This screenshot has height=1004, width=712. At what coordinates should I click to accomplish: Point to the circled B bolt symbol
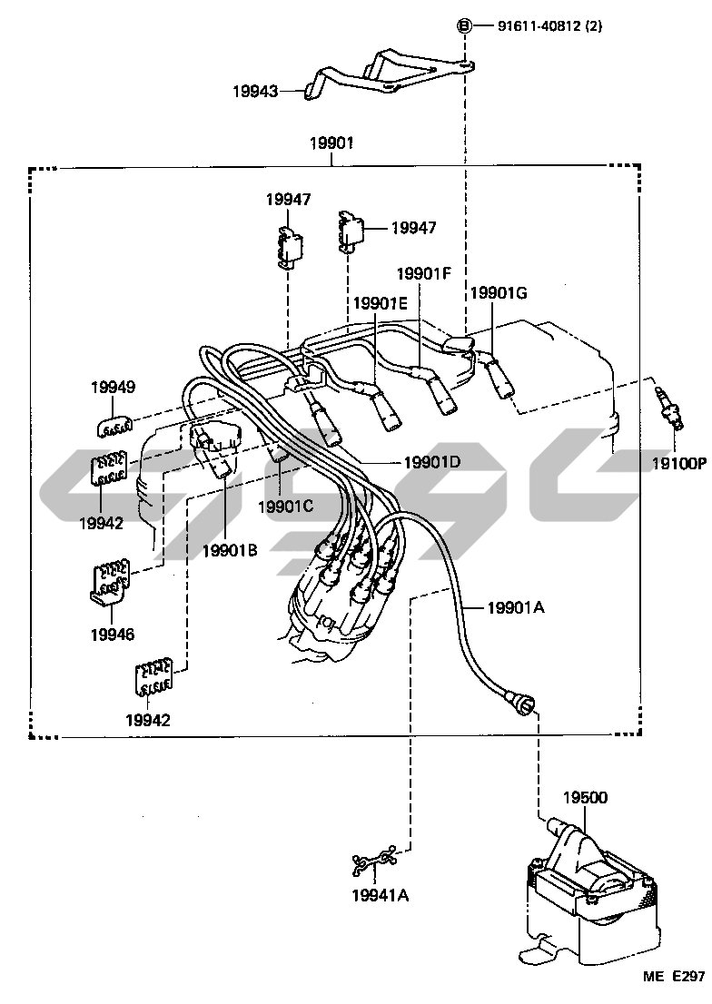point(464,26)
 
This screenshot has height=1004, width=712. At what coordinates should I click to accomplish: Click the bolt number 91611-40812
point(536,26)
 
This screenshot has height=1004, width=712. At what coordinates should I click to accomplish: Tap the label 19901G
point(498,292)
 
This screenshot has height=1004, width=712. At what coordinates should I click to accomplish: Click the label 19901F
point(423,272)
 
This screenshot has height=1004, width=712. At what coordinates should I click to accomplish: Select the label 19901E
point(381,303)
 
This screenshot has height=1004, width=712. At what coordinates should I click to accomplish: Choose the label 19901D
point(430,462)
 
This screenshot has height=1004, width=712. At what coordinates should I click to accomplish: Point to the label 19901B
point(230,549)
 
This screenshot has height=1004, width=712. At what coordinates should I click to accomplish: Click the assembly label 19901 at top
point(331,143)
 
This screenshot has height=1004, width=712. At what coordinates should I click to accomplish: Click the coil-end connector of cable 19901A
point(523,704)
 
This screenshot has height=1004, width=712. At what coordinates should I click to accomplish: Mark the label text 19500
point(584,798)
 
